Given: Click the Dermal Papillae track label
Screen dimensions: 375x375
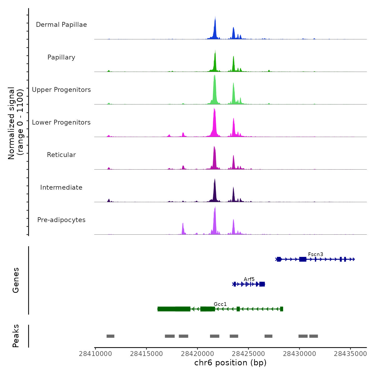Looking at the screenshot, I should [x=61, y=25].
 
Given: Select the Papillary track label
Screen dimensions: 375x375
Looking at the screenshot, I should [x=61, y=57].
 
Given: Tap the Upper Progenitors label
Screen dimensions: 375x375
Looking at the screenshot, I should [x=61, y=90].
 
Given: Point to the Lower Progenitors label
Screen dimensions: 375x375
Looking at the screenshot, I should [x=61, y=122].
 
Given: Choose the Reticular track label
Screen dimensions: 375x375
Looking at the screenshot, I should [x=61, y=155].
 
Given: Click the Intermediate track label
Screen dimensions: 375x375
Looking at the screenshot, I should [x=61, y=187].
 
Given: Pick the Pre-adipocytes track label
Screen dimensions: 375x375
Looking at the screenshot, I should [x=61, y=220].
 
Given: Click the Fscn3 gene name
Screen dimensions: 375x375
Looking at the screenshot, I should [x=316, y=254].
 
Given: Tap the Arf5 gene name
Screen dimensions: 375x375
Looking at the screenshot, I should [x=249, y=279].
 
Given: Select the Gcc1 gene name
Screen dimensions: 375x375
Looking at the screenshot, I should [x=220, y=304].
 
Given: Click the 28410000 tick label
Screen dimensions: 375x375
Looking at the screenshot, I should [x=95, y=354].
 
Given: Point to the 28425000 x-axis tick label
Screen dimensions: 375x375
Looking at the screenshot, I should [x=248, y=354].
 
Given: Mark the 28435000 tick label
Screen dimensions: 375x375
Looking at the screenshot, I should [x=350, y=354].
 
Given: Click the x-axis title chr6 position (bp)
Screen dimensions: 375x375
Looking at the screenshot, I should [x=230, y=363].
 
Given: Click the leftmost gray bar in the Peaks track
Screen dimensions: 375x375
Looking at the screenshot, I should [x=110, y=336].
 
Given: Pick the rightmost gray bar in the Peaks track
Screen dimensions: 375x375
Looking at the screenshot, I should [x=313, y=336].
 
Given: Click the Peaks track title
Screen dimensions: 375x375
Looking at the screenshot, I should [x=16, y=336].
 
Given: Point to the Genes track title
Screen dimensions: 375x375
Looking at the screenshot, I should [x=16, y=280].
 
